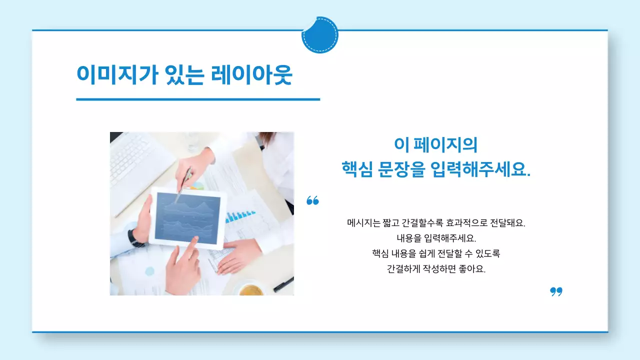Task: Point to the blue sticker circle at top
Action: pos(320,35)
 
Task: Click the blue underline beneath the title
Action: pos(197,99)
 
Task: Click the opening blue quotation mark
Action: pos(312,200)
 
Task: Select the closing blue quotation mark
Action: pos(556,291)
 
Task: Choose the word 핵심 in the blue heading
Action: pos(356,169)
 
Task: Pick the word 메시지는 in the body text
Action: pos(363,223)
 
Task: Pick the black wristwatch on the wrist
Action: pos(135,239)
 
